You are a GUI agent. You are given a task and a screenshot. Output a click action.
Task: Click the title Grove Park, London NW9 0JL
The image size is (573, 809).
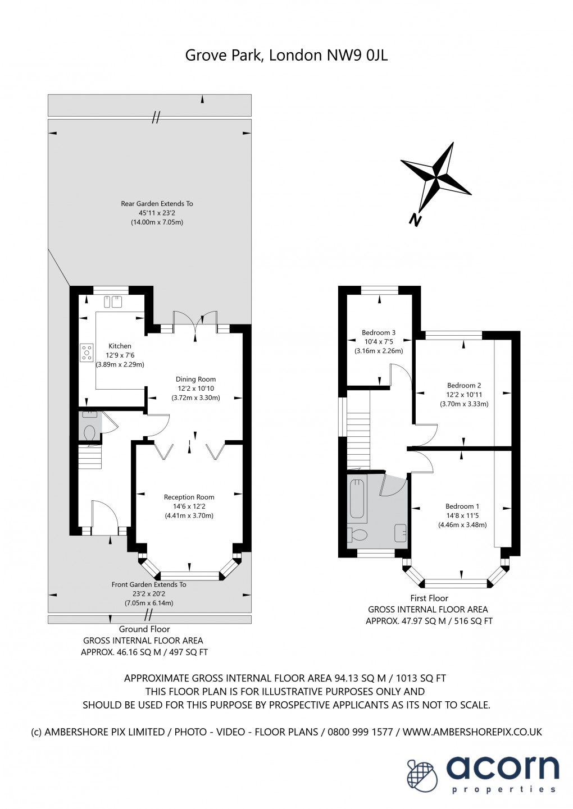286,55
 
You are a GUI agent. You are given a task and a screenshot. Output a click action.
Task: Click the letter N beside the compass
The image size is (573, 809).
415,220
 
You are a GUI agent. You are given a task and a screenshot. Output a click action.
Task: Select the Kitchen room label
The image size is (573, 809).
120,346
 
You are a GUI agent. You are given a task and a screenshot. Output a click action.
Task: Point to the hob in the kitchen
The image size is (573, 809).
87,352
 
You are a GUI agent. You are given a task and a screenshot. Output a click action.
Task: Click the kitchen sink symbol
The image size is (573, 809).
112,302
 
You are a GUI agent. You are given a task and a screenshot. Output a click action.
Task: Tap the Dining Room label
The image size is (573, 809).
195,379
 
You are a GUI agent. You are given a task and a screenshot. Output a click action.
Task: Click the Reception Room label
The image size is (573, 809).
189,497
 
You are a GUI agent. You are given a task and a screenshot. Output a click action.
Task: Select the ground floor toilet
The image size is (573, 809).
89,432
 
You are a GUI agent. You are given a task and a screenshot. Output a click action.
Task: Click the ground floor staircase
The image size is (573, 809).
89,456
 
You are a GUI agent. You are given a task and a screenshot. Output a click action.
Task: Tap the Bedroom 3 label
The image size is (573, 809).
378,332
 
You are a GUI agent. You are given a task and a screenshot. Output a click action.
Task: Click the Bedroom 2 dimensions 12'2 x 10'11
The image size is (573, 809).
464,395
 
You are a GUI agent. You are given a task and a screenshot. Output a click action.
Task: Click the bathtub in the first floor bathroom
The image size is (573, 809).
358,498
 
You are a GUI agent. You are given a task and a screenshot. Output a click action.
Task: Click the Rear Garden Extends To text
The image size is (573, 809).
157,203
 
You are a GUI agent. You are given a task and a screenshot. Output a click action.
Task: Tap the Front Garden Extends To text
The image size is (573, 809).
149,584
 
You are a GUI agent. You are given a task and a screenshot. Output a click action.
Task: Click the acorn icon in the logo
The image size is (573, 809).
422,775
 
